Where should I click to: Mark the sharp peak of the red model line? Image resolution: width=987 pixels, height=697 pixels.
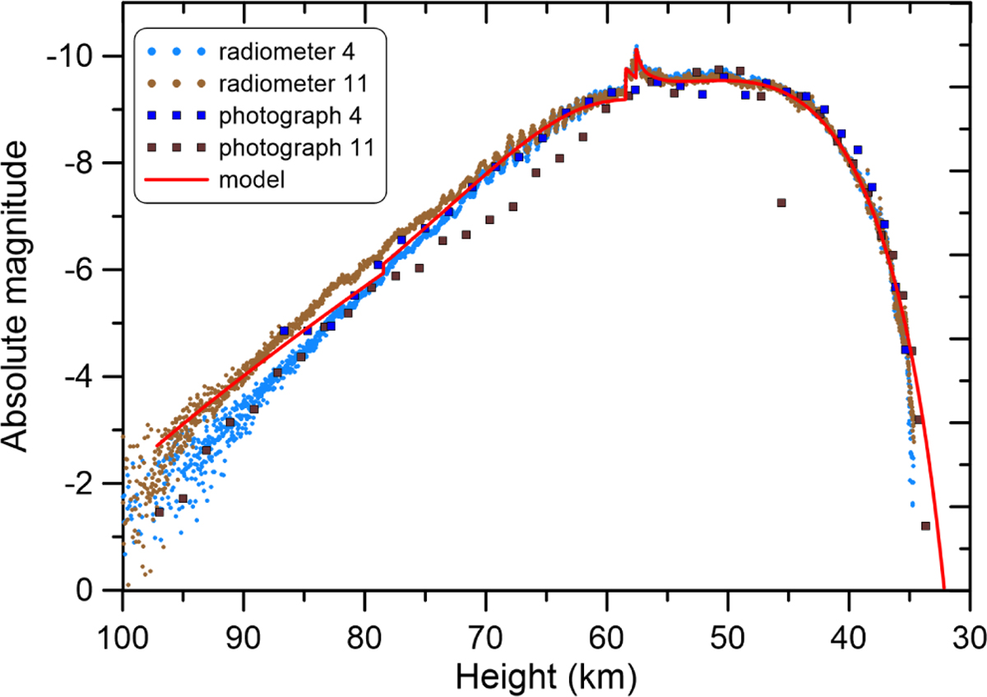point(637,49)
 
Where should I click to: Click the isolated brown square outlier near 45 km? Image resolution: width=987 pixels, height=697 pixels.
point(781,202)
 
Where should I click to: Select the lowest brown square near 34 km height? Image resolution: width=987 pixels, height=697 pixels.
point(925,526)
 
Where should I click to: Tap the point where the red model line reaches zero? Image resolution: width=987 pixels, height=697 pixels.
point(944,589)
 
